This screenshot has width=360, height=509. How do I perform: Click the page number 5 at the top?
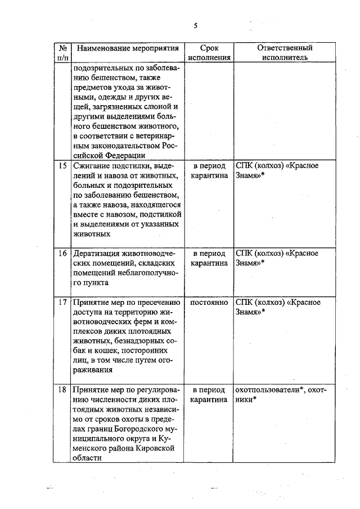pyautogui.click(x=196, y=25)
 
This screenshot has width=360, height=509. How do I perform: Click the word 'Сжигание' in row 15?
pyautogui.click(x=91, y=166)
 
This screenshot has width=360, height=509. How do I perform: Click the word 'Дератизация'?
pyautogui.click(x=97, y=253)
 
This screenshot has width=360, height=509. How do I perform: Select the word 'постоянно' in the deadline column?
pyautogui.click(x=209, y=303)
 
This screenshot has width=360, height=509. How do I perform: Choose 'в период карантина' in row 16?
pyautogui.click(x=209, y=258)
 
